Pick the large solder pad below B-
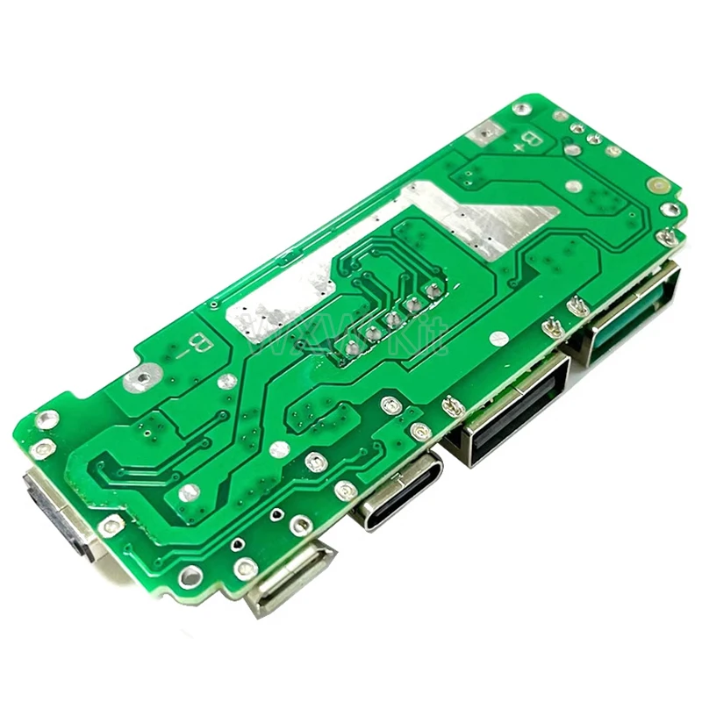138,379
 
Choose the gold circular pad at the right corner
657,186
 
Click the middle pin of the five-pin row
392,318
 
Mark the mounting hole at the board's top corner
521,109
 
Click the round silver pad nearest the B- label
227,381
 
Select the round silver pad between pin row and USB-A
498,337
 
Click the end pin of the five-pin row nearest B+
432,288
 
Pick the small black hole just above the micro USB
277,512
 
